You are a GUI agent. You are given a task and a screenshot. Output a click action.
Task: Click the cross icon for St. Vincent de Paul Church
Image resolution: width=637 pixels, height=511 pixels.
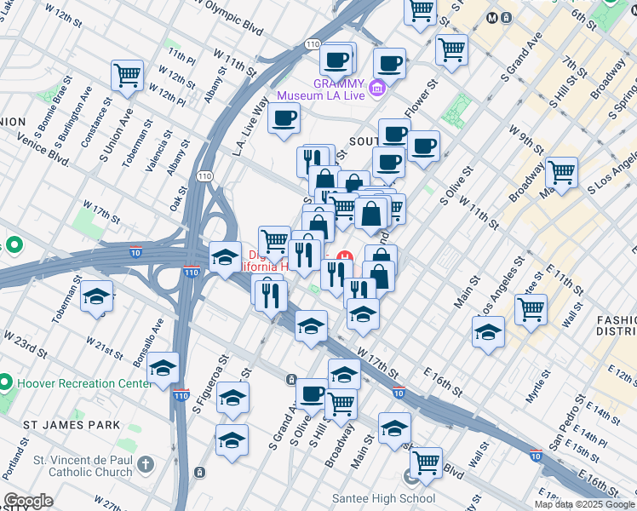[146, 465]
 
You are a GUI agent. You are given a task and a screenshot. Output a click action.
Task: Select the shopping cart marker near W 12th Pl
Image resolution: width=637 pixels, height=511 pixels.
[127, 75]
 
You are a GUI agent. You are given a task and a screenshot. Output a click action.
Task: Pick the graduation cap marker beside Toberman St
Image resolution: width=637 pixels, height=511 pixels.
[96, 296]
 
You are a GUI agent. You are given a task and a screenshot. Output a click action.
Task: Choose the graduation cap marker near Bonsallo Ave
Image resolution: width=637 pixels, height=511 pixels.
[163, 369]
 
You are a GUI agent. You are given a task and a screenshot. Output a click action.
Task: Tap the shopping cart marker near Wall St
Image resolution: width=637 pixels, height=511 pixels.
[531, 310]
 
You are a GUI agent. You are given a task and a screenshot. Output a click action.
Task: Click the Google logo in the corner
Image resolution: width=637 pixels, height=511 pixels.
[28, 501]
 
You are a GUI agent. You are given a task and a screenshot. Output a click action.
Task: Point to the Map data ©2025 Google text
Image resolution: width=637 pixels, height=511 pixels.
[584, 504]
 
